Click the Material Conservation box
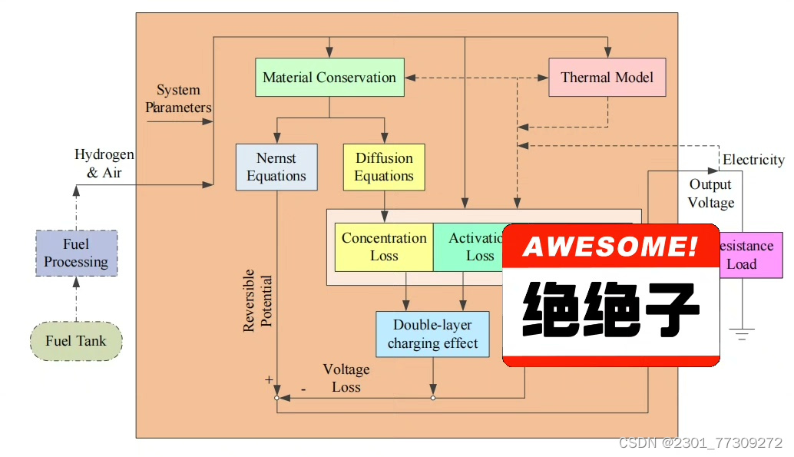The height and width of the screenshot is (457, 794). pos(329,78)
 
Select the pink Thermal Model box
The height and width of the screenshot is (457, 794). pos(607,78)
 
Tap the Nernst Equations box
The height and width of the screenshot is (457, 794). pos(276,167)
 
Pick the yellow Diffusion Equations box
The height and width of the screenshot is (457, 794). pos(384,167)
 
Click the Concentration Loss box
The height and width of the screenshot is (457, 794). pos(384,247)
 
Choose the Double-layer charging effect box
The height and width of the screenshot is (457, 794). pos(433,334)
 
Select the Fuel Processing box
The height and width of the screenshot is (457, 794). pos(76,253)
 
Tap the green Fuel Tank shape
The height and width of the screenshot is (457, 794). pos(76,341)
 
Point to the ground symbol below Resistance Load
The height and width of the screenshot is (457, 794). pos(742,334)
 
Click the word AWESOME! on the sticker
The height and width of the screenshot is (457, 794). pos(610,247)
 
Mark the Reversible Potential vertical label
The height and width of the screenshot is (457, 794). pos(258,300)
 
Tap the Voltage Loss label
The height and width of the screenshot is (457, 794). pos(346,379)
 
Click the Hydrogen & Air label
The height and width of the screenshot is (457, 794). pos(104,164)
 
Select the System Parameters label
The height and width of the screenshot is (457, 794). pos(178,99)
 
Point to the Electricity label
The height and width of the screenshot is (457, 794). pos(753,160)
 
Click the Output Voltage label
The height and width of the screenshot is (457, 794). pos(710,194)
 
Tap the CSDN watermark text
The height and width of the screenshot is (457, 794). pos(700,443)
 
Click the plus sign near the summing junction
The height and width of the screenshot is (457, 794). pos(269,379)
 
